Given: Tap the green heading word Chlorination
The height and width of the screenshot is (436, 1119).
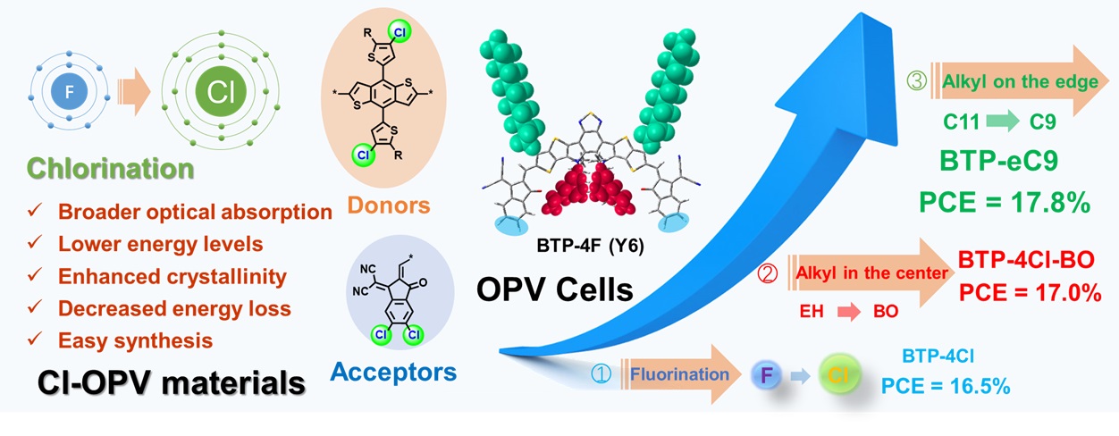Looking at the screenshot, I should tap(110, 168).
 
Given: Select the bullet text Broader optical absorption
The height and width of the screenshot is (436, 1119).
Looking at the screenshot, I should tap(195, 213).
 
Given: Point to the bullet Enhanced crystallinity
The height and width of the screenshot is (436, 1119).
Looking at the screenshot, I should tap(172, 276).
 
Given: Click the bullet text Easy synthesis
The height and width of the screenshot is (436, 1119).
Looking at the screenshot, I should tap(135, 340).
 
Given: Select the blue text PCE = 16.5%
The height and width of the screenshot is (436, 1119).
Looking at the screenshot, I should tap(946, 387).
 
